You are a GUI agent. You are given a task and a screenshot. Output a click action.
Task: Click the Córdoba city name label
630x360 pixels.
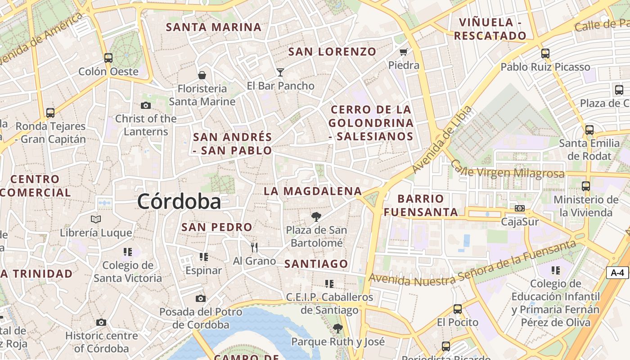click(x=179, y=201)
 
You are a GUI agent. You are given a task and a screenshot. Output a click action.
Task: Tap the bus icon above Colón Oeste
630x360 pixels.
click(x=108, y=58)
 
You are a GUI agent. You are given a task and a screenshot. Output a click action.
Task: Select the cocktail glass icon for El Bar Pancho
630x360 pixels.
click(x=280, y=72)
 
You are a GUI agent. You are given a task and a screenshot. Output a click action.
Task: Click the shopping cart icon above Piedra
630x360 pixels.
click(x=404, y=52)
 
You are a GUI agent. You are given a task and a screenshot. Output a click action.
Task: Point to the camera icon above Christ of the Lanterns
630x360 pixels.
click(x=146, y=105)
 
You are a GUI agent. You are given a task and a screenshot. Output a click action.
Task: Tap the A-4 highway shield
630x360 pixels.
click(x=617, y=272)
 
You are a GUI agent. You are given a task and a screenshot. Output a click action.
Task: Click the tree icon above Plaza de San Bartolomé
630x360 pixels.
click(x=316, y=217)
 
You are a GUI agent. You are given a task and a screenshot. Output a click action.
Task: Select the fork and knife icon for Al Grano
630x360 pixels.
click(x=254, y=247)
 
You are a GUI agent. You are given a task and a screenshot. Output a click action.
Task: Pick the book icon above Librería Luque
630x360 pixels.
click(x=96, y=219)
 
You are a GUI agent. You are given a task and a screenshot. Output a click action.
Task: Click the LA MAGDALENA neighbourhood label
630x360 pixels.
click(x=313, y=191)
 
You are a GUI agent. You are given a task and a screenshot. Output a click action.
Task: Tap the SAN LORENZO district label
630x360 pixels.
click(x=332, y=52)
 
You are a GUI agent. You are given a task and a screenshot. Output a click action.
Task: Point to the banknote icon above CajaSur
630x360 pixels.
click(x=520, y=208)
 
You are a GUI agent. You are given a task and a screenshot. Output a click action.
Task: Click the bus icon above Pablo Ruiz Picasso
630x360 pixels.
click(x=545, y=54)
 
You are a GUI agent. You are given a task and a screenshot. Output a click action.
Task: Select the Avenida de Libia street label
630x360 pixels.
click(x=442, y=139)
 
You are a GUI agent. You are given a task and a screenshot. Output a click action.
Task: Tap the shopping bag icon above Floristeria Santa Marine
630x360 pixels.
click(x=202, y=75)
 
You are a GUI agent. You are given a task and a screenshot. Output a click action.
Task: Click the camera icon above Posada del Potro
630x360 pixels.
click(x=201, y=298)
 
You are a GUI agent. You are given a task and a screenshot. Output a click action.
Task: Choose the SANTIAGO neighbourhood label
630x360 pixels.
click(x=316, y=264)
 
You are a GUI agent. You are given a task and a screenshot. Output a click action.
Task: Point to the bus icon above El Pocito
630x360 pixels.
click(x=458, y=309)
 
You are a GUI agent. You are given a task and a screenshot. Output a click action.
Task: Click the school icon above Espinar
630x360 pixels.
click(x=204, y=256)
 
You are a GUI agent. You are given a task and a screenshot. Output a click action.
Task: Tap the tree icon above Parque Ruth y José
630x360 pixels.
click(x=338, y=328)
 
